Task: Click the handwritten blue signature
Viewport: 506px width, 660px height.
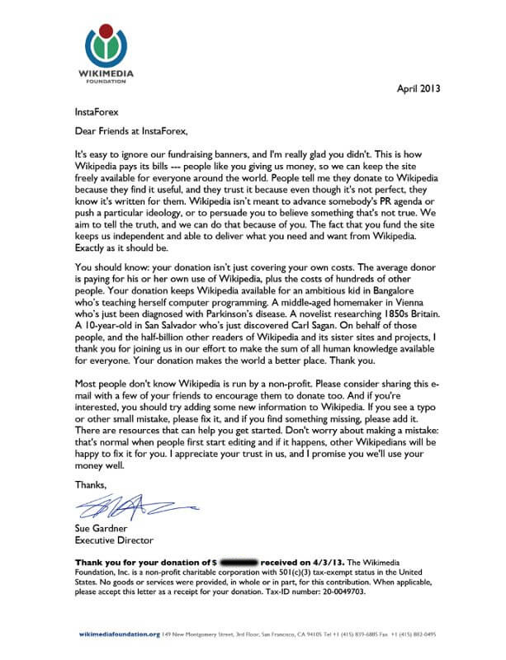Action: pos(124,503)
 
